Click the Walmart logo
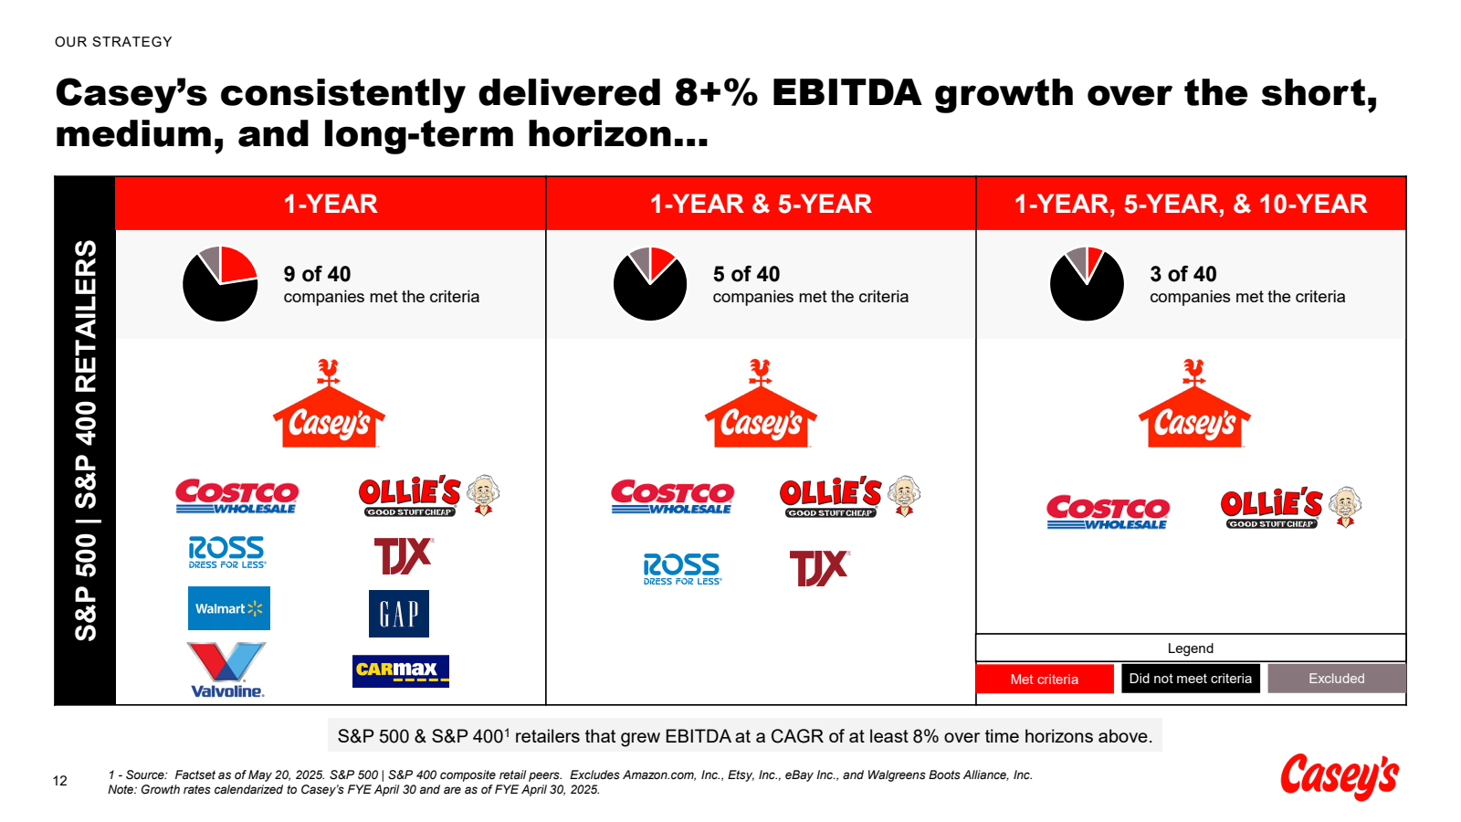(228, 608)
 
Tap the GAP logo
(399, 614)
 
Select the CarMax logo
(400, 670)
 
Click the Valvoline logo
(227, 670)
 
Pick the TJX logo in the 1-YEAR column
(403, 555)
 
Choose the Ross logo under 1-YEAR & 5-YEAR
(682, 568)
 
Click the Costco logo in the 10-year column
(1107, 511)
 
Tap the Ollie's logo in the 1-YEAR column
(428, 496)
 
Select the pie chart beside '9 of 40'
(220, 284)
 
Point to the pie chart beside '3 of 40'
(1087, 284)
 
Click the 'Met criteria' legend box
(1045, 679)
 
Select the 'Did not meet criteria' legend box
(1191, 679)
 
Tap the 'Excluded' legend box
(1336, 679)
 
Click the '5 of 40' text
(746, 274)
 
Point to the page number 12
(60, 781)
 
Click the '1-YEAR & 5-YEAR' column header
(761, 204)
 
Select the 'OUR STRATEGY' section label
(113, 42)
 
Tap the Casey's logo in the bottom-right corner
(1340, 776)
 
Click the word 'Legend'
(1190, 648)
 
